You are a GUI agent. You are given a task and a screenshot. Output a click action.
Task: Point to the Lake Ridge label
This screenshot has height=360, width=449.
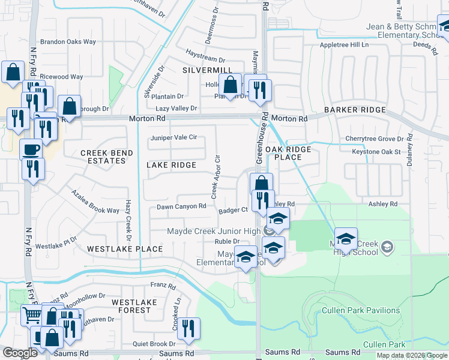click(x=171, y=165)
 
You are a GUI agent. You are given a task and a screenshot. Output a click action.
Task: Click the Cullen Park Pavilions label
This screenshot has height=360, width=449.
click(x=361, y=310)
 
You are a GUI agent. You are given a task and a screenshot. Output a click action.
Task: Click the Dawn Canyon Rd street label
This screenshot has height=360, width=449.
click(x=181, y=206)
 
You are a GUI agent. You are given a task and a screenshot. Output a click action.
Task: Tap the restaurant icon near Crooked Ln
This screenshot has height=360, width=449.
click(x=188, y=328)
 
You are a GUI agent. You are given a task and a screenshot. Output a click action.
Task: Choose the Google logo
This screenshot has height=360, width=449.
click(x=20, y=353)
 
